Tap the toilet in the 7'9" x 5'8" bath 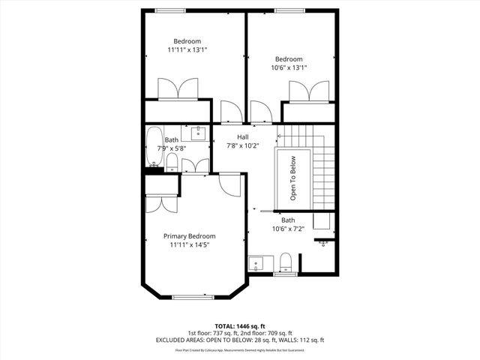[x=172, y=163]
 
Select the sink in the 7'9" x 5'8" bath [x=198, y=134]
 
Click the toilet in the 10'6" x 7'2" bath [x=284, y=262]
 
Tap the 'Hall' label [x=243, y=136]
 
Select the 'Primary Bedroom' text [x=189, y=236]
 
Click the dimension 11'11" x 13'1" [x=187, y=50]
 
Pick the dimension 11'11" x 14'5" [x=189, y=245]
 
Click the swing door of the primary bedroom [x=231, y=184]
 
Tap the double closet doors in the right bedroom [x=309, y=91]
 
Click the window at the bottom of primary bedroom [x=194, y=297]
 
